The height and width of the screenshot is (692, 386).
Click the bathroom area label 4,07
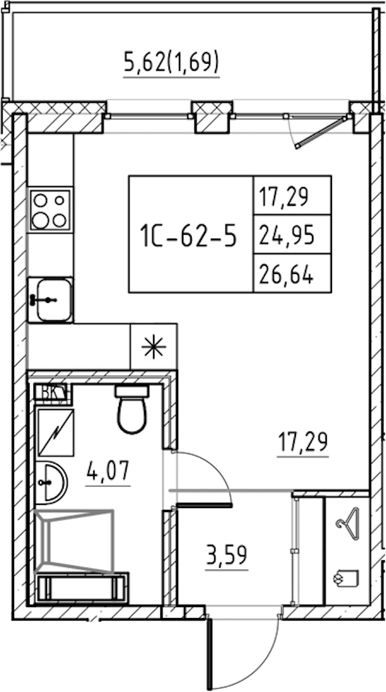point(108,471)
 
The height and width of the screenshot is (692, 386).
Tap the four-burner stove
point(50,210)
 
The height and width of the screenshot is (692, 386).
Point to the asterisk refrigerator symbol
point(154,347)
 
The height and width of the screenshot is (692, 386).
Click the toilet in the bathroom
point(132,408)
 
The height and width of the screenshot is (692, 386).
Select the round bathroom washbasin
point(51,482)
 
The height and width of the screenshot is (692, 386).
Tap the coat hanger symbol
point(348,520)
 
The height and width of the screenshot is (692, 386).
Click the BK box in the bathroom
point(53,394)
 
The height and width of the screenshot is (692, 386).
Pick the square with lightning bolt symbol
point(55,432)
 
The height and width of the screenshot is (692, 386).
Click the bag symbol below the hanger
point(346,578)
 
